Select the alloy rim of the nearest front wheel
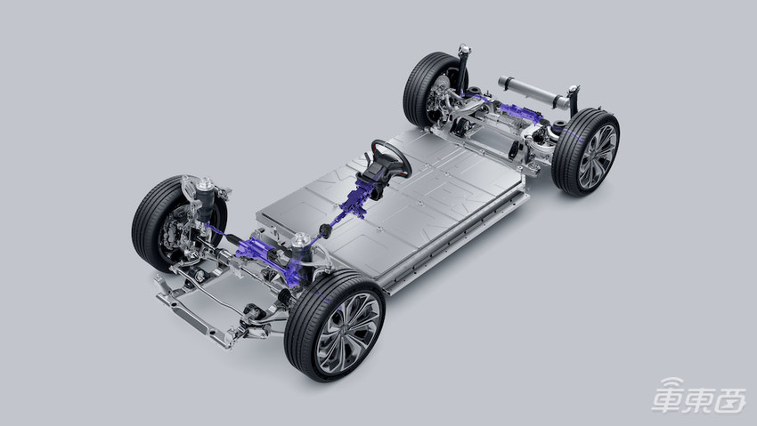coord(347,334)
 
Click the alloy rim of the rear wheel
coord(598,157)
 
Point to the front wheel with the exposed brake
coord(179,225)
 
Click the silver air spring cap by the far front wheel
coord(205,183)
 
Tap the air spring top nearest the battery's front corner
coord(300,239)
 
